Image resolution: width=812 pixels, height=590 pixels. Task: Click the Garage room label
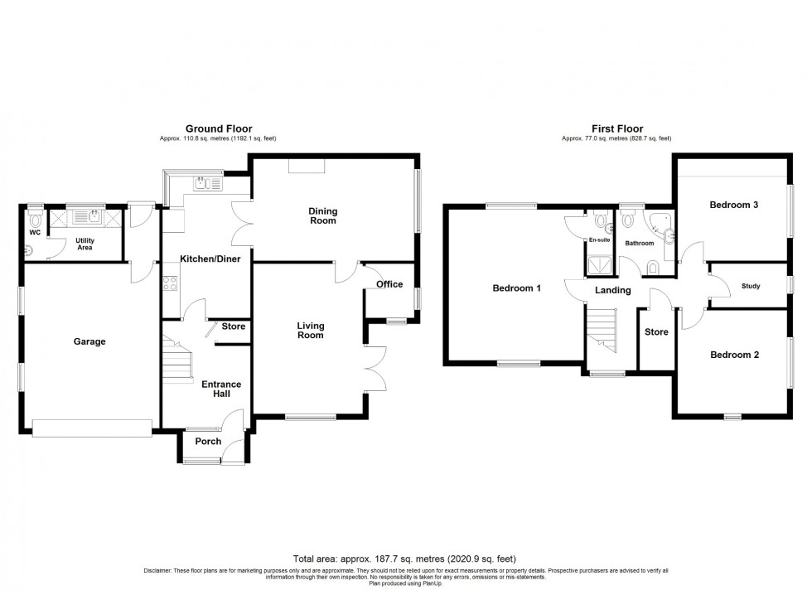coord(89,341)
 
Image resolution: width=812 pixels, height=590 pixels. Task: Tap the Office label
coord(389,284)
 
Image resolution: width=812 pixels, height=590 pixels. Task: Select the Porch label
coord(208,442)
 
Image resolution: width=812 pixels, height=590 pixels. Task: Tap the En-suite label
coord(598,239)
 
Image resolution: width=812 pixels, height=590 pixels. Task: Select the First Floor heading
coord(616,128)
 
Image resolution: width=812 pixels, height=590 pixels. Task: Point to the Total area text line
coord(405,558)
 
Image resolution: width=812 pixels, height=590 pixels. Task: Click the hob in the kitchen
coord(170,283)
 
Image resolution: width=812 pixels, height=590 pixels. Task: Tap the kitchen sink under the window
coord(204,184)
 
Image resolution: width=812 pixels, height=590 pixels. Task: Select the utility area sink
coord(86,218)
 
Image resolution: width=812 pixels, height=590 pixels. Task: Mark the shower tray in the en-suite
coord(598,265)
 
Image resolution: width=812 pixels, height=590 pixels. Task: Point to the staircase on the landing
coord(602,327)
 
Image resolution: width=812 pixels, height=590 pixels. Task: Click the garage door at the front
coord(92,428)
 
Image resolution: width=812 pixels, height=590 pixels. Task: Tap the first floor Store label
coord(656,332)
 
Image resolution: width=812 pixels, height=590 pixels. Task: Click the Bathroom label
coord(639,244)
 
